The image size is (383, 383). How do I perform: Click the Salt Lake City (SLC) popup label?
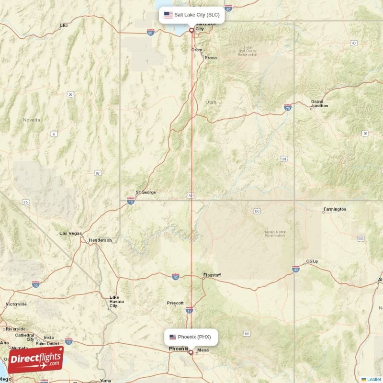[x=191, y=15]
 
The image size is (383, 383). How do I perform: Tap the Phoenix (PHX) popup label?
[x=191, y=337]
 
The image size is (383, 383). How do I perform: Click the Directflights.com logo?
[x=35, y=360]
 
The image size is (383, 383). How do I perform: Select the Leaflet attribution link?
[x=373, y=379]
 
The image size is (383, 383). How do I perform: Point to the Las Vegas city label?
[x=70, y=233]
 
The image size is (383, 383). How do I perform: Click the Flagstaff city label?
[x=212, y=275]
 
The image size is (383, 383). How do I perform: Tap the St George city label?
[x=146, y=192]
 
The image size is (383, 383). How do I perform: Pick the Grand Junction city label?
[x=319, y=103]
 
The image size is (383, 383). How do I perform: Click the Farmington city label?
[x=335, y=209]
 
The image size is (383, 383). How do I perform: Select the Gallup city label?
[x=312, y=261]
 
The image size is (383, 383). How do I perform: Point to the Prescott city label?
[x=175, y=303]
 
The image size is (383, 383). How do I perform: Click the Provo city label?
[x=211, y=58]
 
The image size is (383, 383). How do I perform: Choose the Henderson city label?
[x=100, y=240]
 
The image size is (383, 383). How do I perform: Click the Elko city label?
[x=64, y=25]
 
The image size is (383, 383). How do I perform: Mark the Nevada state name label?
[x=32, y=120]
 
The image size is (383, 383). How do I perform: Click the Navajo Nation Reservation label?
[x=275, y=234]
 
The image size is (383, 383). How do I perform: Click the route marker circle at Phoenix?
[x=191, y=352]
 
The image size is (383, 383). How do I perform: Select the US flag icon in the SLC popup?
[x=168, y=15]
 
